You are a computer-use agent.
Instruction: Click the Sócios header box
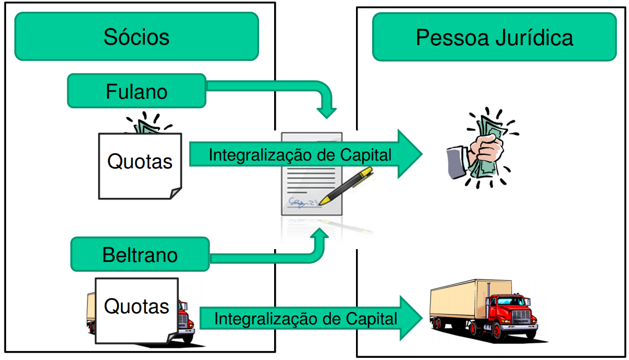tap(136, 37)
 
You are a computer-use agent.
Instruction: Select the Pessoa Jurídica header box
tap(494, 37)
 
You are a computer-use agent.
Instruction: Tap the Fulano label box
tap(136, 91)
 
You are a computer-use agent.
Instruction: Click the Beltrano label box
tap(140, 255)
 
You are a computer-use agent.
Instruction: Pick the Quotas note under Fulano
tap(140, 166)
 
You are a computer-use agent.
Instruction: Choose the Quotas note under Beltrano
tap(136, 310)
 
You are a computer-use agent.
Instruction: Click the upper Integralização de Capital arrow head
tap(409, 154)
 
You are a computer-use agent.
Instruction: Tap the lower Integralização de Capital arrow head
tap(411, 318)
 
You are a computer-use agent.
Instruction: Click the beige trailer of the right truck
tap(457, 301)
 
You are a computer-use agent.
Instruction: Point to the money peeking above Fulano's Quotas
tap(146, 125)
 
